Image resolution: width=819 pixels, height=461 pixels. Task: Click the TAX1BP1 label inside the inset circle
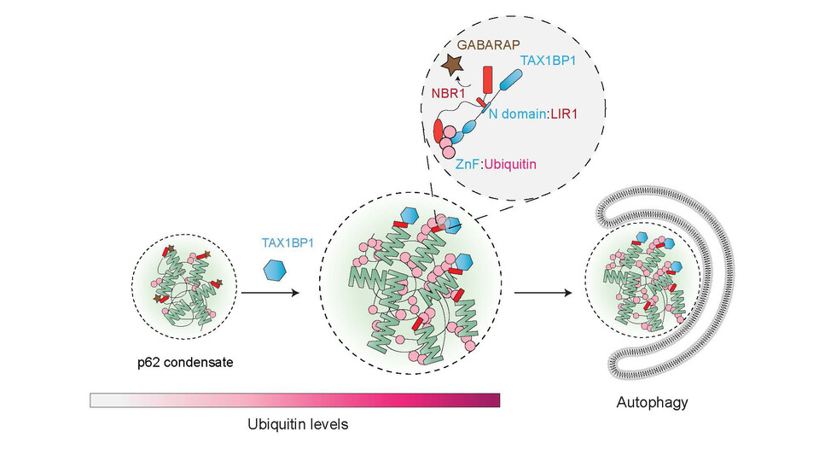coord(548,61)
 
